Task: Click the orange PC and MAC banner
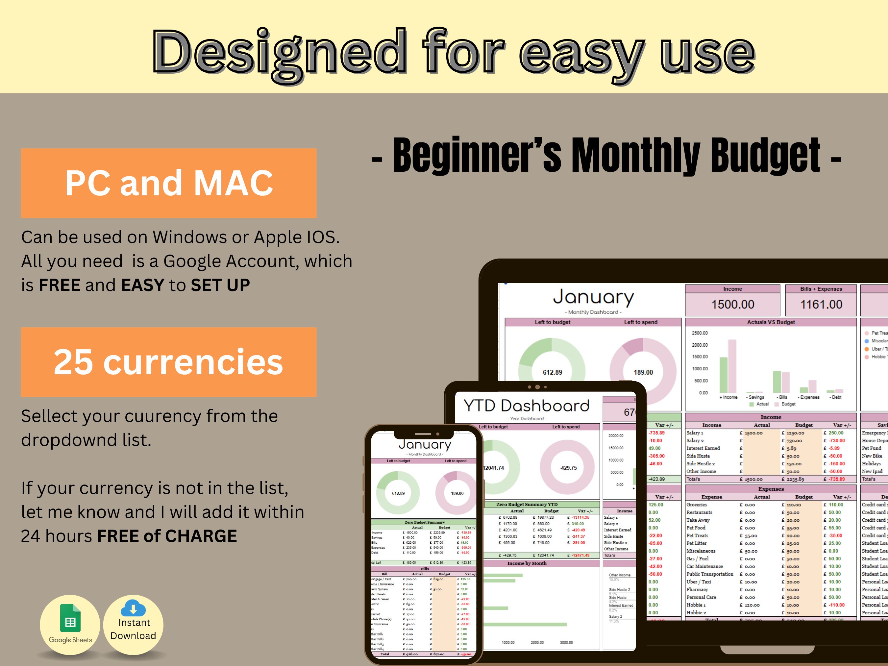pos(169,183)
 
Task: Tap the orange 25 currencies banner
pos(169,362)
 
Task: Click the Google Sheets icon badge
pos(70,625)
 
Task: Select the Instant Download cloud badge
pos(133,625)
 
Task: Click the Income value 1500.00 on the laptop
pos(733,304)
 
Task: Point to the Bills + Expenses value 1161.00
pos(821,304)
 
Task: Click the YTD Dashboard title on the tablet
pos(526,406)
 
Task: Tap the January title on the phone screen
pos(425,444)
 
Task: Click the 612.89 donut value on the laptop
pos(553,372)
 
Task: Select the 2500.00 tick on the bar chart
pos(700,333)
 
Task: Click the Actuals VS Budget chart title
pos(771,322)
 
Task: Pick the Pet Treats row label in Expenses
pos(697,535)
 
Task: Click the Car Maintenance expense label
pos(704,566)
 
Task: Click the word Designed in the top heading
pos(279,52)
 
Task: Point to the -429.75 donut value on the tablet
pos(568,468)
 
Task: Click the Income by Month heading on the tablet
pos(527,563)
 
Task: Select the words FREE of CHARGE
pos(167,536)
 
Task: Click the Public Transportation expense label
pos(710,574)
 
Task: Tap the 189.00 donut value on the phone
pos(457,493)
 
